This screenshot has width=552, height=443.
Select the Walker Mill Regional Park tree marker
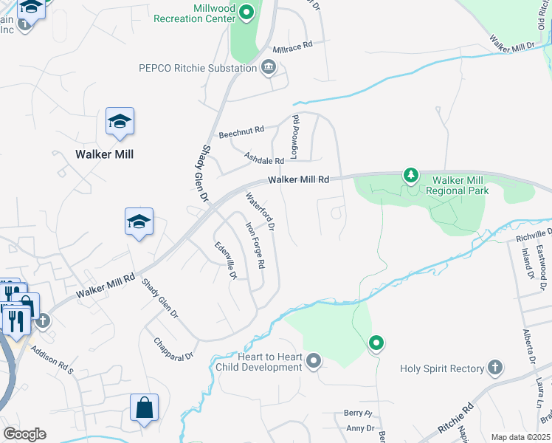tap(411, 176)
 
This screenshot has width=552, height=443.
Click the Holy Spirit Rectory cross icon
tap(495, 368)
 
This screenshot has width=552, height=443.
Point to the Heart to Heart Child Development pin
tap(314, 361)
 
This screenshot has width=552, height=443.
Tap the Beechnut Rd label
tap(241, 133)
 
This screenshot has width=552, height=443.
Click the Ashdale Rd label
tap(264, 158)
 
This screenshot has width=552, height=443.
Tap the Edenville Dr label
tap(225, 260)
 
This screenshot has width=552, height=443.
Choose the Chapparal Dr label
tap(173, 349)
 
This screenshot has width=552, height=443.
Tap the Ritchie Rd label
tap(457, 419)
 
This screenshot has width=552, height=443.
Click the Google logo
tap(24, 434)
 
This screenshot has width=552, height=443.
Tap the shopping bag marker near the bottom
tap(144, 408)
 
